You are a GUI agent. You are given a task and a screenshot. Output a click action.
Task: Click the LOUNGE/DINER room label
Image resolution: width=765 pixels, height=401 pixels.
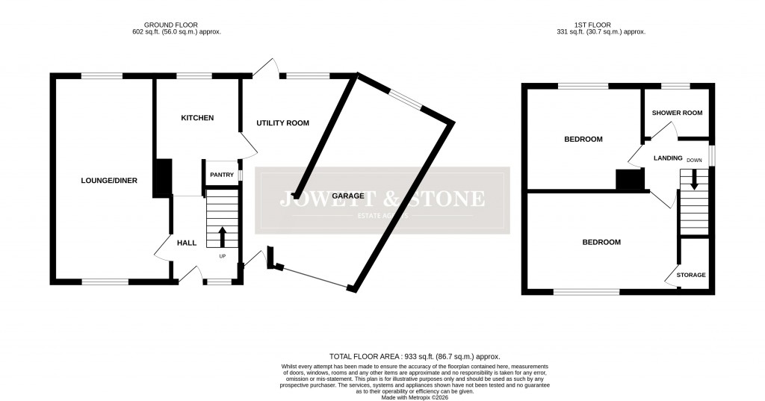click(109, 180)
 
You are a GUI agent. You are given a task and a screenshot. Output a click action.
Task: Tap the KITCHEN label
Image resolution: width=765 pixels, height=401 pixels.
click(198, 118)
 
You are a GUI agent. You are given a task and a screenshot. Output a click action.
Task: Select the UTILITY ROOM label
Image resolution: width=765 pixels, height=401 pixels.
click(282, 122)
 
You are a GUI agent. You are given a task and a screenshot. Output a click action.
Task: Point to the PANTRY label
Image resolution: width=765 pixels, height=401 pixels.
click(221, 175)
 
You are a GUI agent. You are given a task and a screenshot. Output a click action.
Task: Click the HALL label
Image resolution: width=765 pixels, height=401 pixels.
click(186, 243)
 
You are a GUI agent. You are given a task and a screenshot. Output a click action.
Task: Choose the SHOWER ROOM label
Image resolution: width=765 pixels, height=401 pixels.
click(677, 113)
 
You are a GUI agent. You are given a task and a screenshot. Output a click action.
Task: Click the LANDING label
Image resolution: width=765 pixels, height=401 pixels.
click(668, 158)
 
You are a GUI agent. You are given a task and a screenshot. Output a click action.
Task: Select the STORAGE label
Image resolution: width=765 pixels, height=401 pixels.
click(691, 275)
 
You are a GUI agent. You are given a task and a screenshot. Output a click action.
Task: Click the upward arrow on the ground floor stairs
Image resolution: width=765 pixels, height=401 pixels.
click(222, 237)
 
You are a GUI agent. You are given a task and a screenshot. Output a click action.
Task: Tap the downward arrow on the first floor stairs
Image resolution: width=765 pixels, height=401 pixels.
click(694, 180)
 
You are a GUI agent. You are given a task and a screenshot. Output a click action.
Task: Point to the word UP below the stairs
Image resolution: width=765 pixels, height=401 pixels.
click(222, 257)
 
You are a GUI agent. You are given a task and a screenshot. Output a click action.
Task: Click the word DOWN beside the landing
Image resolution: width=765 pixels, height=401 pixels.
click(694, 160)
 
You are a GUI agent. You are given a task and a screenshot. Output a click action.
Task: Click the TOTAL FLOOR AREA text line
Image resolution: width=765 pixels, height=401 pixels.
click(414, 357)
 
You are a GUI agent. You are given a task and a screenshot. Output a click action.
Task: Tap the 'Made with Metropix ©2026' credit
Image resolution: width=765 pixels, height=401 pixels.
click(414, 397)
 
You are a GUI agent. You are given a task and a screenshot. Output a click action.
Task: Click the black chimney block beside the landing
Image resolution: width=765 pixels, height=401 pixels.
click(629, 179)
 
